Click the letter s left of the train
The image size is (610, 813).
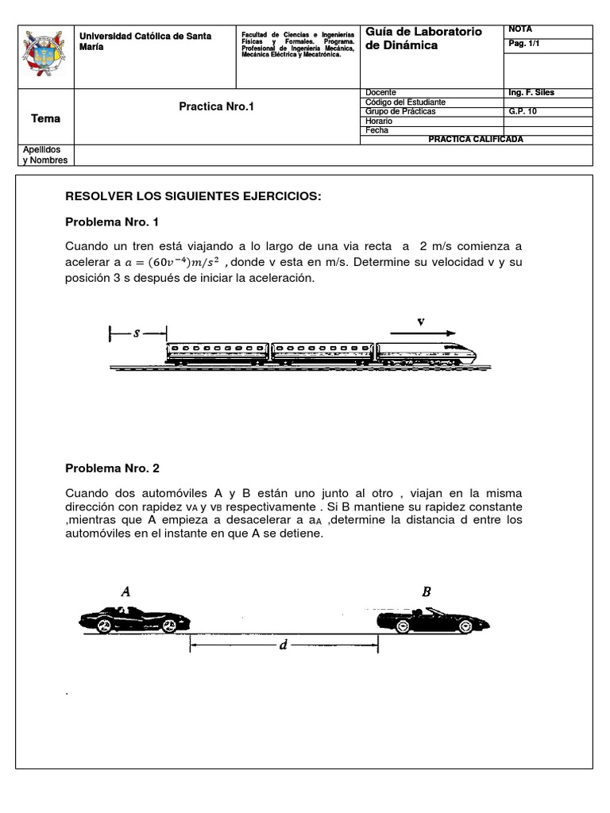click(x=137, y=334)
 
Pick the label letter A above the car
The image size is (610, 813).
click(x=125, y=591)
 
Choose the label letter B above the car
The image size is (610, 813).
click(x=427, y=591)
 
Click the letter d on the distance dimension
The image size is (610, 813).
click(x=283, y=645)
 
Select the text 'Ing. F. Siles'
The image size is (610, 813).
click(x=531, y=93)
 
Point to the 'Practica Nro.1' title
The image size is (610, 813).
click(x=216, y=106)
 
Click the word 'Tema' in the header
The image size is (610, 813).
click(x=45, y=118)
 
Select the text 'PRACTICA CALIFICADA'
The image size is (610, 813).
click(x=476, y=139)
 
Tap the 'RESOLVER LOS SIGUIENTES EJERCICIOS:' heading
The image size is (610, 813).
click(x=193, y=195)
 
